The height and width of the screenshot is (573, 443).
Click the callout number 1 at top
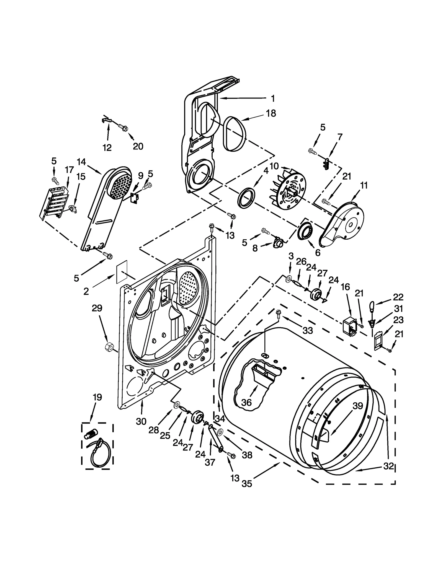click(x=273, y=98)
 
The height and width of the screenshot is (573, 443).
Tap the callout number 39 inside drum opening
click(x=357, y=406)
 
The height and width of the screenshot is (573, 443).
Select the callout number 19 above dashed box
click(x=97, y=397)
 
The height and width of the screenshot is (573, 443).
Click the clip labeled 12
click(x=105, y=120)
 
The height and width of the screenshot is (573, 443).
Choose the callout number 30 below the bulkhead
click(x=141, y=421)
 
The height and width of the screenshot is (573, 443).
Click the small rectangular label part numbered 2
click(x=122, y=271)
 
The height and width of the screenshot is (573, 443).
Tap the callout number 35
click(x=247, y=484)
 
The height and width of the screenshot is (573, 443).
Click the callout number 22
click(x=398, y=297)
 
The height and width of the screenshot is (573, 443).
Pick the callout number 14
click(x=81, y=162)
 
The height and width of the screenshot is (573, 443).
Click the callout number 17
click(x=69, y=169)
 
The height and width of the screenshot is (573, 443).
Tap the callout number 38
click(x=247, y=455)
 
